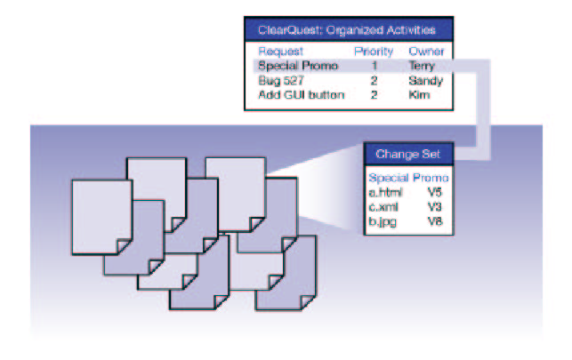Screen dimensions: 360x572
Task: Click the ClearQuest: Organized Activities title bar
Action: tap(350, 29)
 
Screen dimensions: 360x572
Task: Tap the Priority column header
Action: tap(374, 51)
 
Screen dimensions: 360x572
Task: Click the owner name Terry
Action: tap(422, 65)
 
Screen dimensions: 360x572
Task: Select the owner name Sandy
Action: tap(424, 79)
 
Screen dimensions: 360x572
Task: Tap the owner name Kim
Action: tap(418, 93)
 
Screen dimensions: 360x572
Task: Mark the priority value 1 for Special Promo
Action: tap(375, 65)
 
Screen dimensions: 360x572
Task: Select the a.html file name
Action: tap(386, 191)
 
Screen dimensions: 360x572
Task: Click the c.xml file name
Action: tap(384, 205)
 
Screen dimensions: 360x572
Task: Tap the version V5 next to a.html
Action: tap(434, 191)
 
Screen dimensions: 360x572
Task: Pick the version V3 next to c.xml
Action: tap(434, 205)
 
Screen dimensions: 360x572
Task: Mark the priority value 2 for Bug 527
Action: tap(375, 79)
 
